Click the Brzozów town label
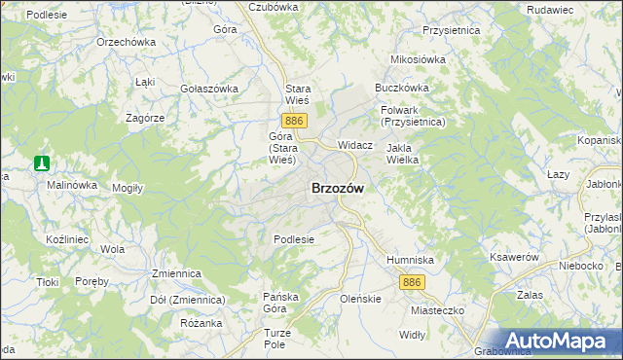[x=338, y=190]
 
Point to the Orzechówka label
[x=127, y=43]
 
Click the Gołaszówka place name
[x=209, y=89]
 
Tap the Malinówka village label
[x=72, y=184]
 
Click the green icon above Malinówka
[x=42, y=163]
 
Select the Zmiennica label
[x=175, y=274]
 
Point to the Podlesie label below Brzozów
[x=294, y=239]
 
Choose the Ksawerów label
[x=514, y=257]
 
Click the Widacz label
[x=355, y=144]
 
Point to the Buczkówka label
[x=402, y=88]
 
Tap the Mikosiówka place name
[x=418, y=59]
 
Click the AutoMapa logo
[x=558, y=341]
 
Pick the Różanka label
[x=202, y=323]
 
